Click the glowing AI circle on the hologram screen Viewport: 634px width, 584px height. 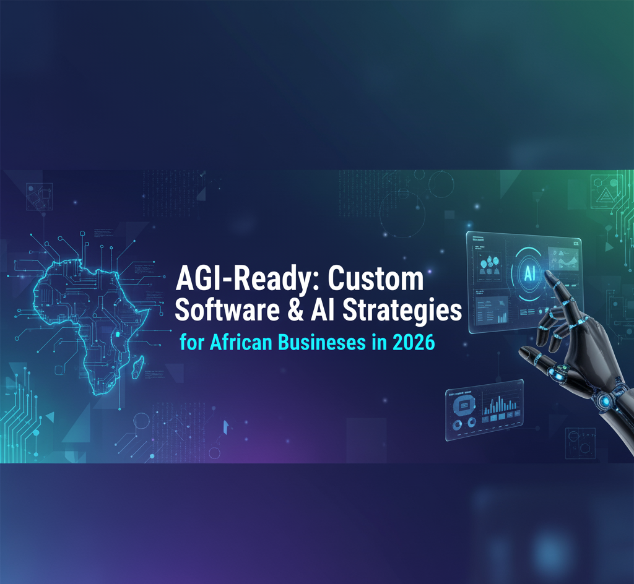530,274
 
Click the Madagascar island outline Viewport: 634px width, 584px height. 134,370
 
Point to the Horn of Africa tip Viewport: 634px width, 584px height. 147,314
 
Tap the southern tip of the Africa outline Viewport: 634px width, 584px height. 97,392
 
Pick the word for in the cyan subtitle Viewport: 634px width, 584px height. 191,342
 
